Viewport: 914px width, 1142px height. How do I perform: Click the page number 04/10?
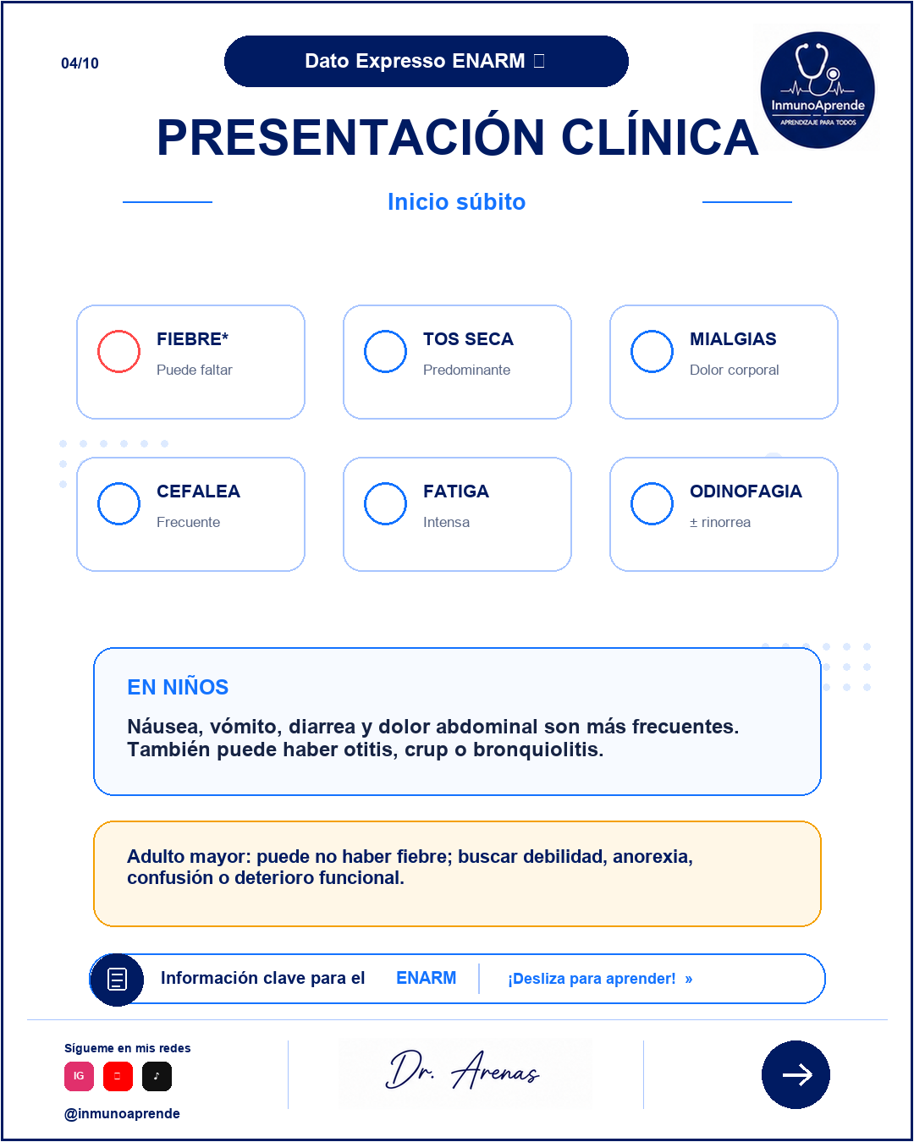[x=80, y=63]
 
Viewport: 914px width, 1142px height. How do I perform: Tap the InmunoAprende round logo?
[x=818, y=90]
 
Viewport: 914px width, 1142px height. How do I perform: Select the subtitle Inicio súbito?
[x=457, y=201]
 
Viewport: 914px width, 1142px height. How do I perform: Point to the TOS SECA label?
[x=468, y=339]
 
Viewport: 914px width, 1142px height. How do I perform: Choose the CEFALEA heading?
[x=198, y=491]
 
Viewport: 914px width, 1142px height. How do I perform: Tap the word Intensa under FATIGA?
[x=446, y=522]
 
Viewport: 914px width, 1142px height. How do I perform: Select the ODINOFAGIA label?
[x=746, y=491]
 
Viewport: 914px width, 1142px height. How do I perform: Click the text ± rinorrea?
[x=719, y=522]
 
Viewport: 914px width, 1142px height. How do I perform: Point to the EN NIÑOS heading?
[x=178, y=687]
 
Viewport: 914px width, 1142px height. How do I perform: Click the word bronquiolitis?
[x=537, y=749]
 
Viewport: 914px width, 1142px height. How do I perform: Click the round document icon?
[x=117, y=979]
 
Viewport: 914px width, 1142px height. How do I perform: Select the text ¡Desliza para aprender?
[x=592, y=979]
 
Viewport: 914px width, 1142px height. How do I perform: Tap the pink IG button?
[x=80, y=1076]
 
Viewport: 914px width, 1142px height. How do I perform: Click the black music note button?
[x=157, y=1076]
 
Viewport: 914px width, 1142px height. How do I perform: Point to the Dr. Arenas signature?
[x=462, y=1070]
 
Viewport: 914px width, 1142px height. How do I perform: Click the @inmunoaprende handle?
[x=122, y=1113]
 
